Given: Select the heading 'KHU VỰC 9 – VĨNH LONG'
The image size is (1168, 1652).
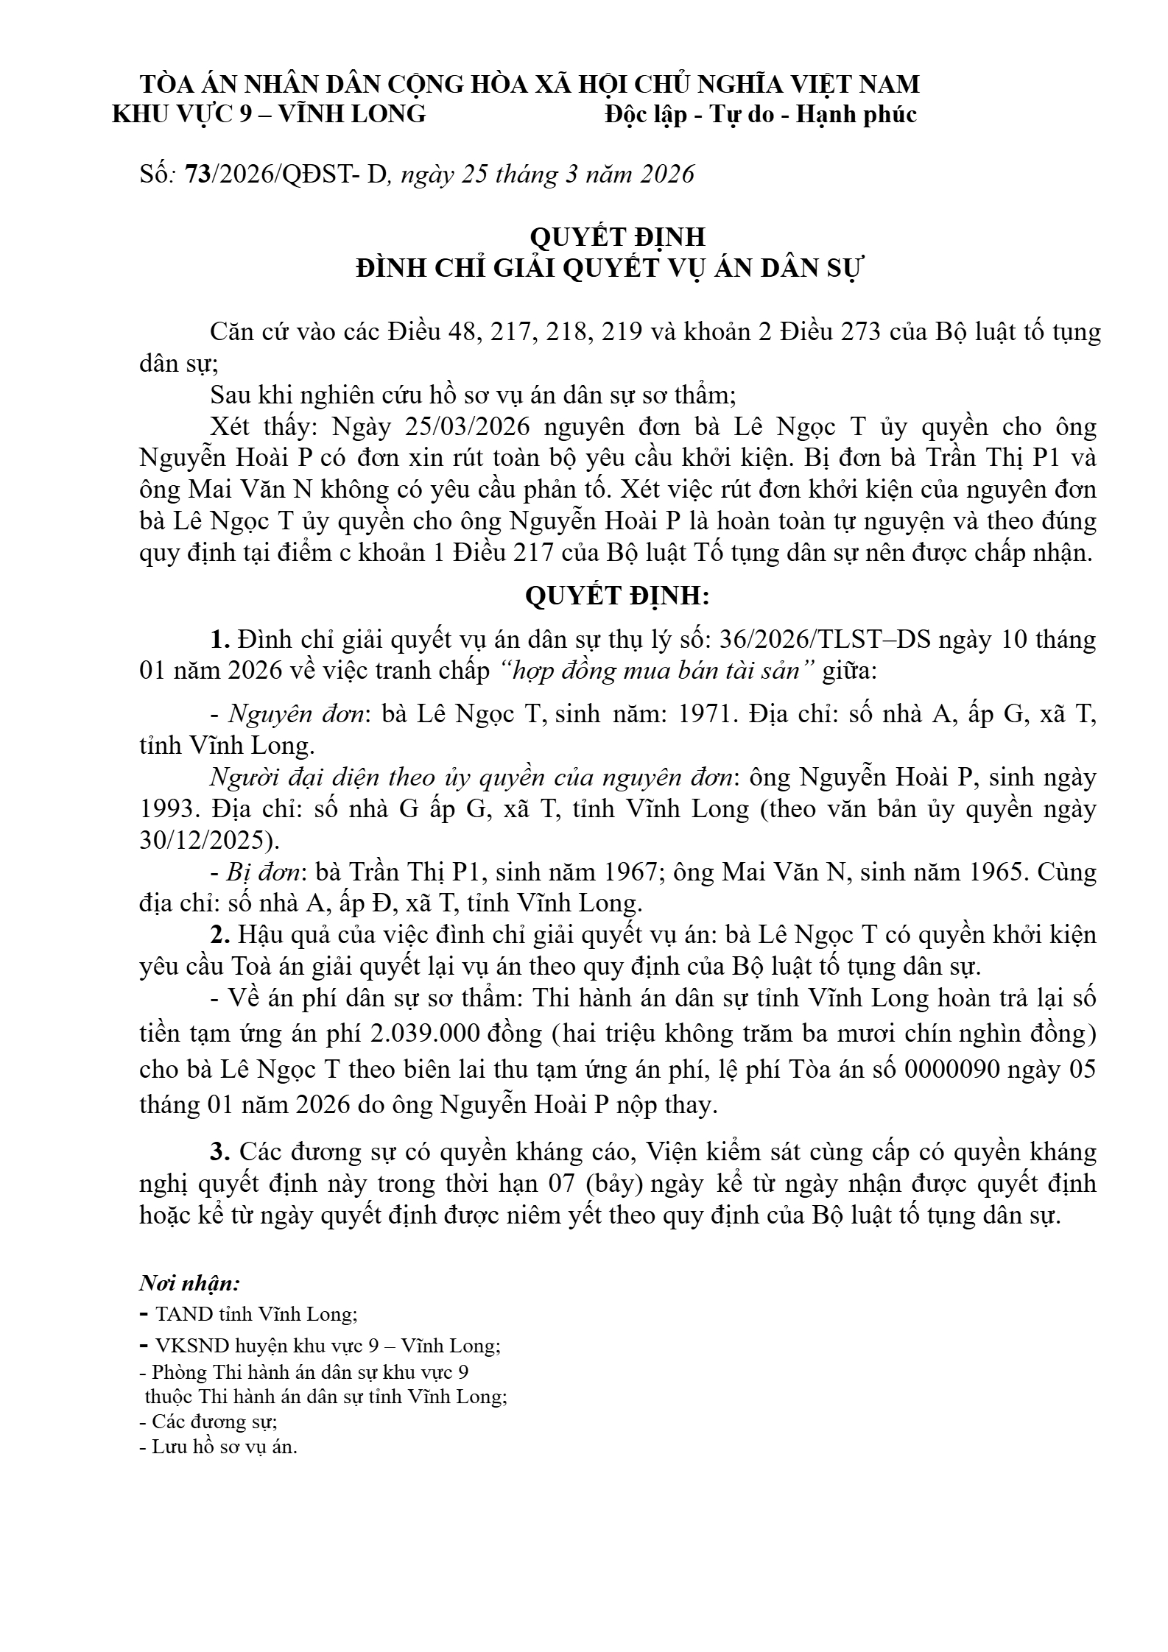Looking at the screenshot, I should click(269, 115).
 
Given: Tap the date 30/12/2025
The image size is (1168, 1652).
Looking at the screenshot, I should click(204, 840).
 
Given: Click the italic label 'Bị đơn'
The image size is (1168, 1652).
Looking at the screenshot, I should click(264, 872).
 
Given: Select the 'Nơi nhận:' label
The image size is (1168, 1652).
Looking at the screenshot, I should click(189, 1284).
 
